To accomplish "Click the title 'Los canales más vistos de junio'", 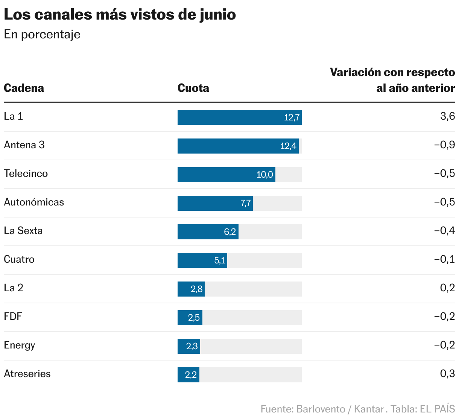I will click(120, 15).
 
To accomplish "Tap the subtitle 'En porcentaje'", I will click(42, 34).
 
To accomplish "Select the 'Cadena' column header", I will click(24, 88).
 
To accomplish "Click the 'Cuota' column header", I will click(193, 88).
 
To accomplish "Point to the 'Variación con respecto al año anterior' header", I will click(392, 80).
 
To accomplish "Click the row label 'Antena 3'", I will click(24, 145).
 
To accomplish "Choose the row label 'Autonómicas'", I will click(34, 202).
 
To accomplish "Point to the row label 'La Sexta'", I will click(23, 231).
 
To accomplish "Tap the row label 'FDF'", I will click(13, 317).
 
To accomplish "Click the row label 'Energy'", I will click(19, 345).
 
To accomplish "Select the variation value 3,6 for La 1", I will click(447, 116).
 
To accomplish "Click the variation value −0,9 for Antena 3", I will click(444, 145).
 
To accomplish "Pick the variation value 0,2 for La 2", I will click(447, 288).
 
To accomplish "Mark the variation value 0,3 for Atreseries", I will click(447, 374).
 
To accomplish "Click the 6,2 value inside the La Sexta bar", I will click(230, 232).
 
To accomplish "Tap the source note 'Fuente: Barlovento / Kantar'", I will click(322, 409).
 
